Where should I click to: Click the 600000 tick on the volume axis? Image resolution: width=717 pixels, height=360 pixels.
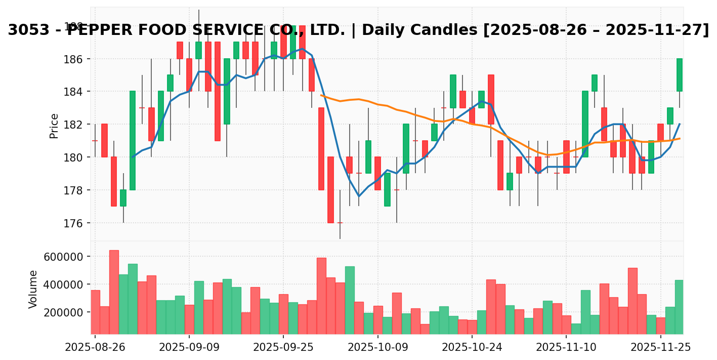click(62, 257)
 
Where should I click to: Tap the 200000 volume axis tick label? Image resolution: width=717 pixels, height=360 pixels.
click(62, 312)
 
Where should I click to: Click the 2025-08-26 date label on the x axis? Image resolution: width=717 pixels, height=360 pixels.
click(95, 348)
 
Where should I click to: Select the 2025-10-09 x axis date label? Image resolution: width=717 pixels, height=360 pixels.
click(378, 348)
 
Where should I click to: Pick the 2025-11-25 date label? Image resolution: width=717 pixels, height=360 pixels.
click(661, 348)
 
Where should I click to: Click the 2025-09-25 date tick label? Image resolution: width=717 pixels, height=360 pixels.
click(283, 348)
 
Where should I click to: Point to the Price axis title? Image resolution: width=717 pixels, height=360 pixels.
click(54, 126)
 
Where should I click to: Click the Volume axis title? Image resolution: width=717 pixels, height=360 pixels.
click(33, 289)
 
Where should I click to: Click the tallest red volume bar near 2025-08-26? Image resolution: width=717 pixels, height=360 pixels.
click(114, 292)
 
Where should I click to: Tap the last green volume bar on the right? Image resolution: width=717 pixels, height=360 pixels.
click(680, 307)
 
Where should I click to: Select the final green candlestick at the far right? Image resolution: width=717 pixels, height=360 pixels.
click(680, 75)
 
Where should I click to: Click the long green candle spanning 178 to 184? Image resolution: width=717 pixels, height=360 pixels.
click(133, 141)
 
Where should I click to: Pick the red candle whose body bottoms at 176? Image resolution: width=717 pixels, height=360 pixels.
click(330, 190)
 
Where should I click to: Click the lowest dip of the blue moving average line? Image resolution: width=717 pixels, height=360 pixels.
click(359, 196)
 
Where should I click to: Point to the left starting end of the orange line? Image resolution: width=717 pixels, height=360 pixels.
click(321, 95)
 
